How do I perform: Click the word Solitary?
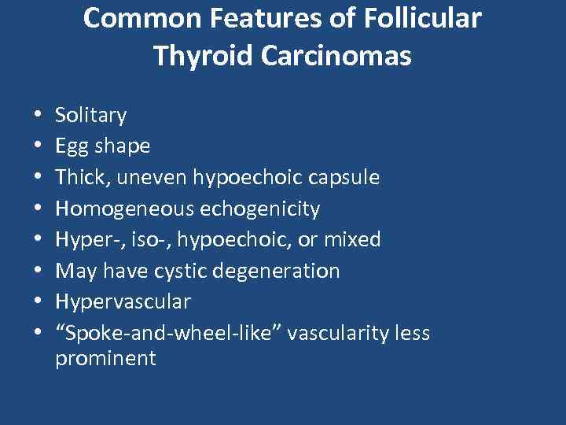tap(90, 116)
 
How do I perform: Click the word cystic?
tap(182, 271)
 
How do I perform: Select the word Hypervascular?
tap(123, 301)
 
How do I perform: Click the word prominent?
tap(105, 359)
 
